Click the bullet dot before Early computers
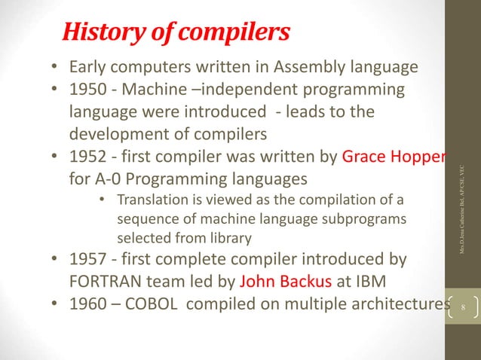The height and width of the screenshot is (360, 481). pos(55,69)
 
